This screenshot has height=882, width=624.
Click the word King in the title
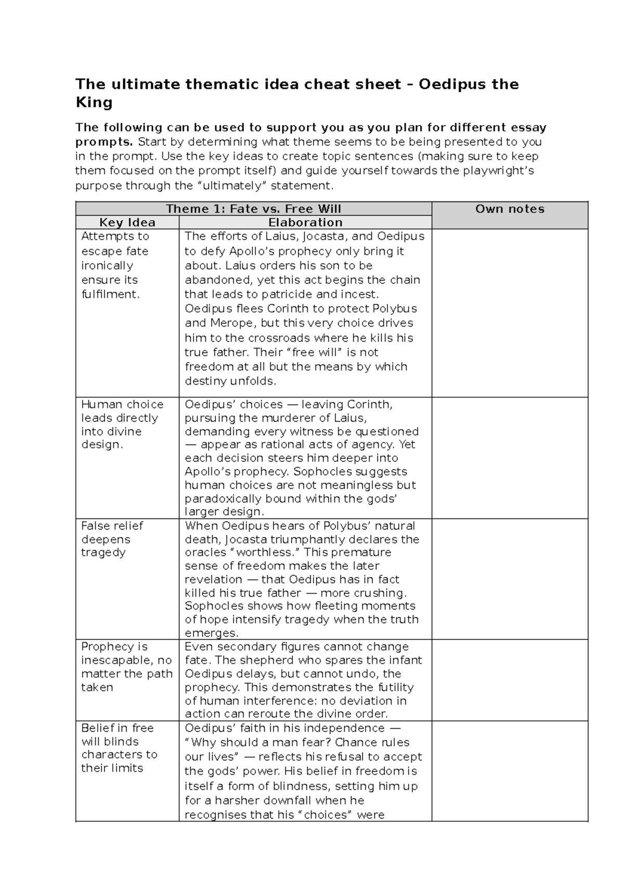tap(94, 102)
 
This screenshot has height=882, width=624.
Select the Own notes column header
tap(510, 209)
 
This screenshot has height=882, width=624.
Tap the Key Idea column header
tap(127, 223)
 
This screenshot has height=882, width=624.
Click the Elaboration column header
tap(305, 223)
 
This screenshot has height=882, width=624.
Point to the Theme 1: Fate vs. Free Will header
tap(253, 209)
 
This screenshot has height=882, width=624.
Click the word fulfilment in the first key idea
tap(110, 294)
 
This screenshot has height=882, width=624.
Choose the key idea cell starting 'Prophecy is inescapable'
tap(127, 667)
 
